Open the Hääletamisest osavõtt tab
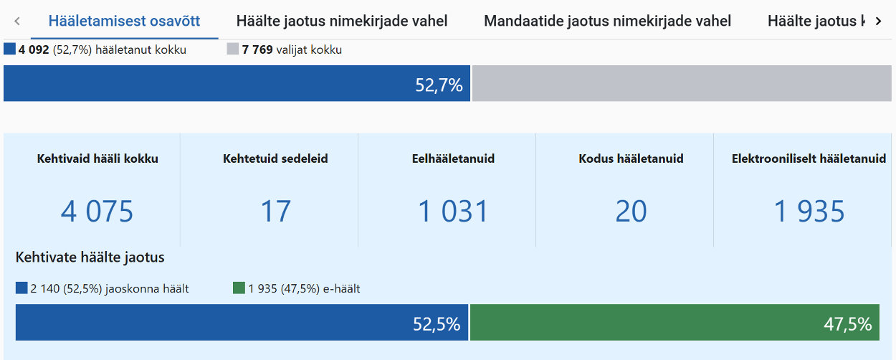(124, 21)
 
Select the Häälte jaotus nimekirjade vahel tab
(342, 21)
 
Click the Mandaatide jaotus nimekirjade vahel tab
(607, 21)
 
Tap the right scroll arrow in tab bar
(879, 22)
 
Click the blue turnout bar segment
(215, 84)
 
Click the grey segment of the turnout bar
(681, 84)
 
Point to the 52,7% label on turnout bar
(439, 85)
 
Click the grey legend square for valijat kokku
(233, 49)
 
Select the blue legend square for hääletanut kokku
(9, 49)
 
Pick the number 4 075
(97, 212)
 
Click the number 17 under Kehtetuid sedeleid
(275, 212)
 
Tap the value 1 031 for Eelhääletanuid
(453, 212)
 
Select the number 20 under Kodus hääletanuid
(631, 212)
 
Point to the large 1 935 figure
(809, 212)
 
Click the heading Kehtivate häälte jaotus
(90, 257)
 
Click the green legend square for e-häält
(239, 288)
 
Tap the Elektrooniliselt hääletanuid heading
(809, 159)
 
